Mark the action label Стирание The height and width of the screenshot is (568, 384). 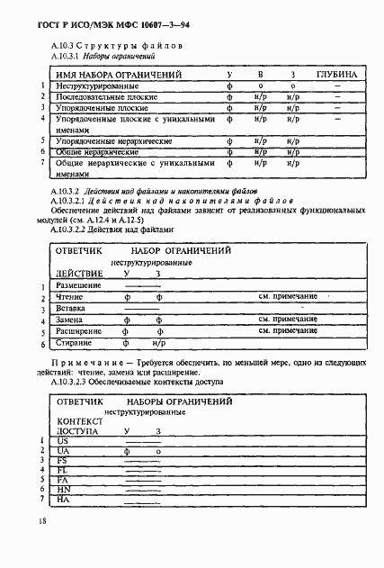click(74, 343)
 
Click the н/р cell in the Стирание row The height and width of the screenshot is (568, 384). click(159, 343)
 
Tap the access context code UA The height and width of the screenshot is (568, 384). click(63, 451)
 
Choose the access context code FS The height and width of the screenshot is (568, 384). click(62, 460)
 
